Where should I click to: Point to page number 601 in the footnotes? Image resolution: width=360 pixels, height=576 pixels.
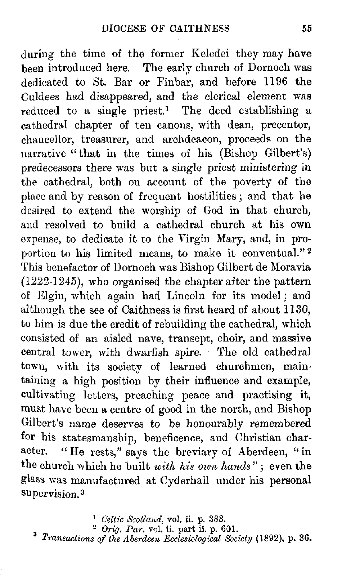229,530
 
